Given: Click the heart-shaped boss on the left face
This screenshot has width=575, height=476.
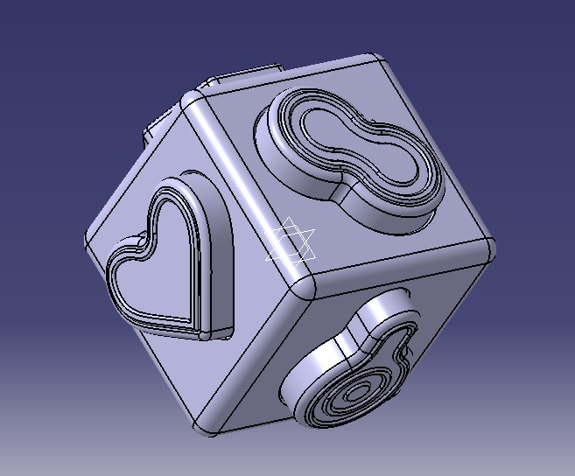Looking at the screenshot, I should [166, 262].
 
